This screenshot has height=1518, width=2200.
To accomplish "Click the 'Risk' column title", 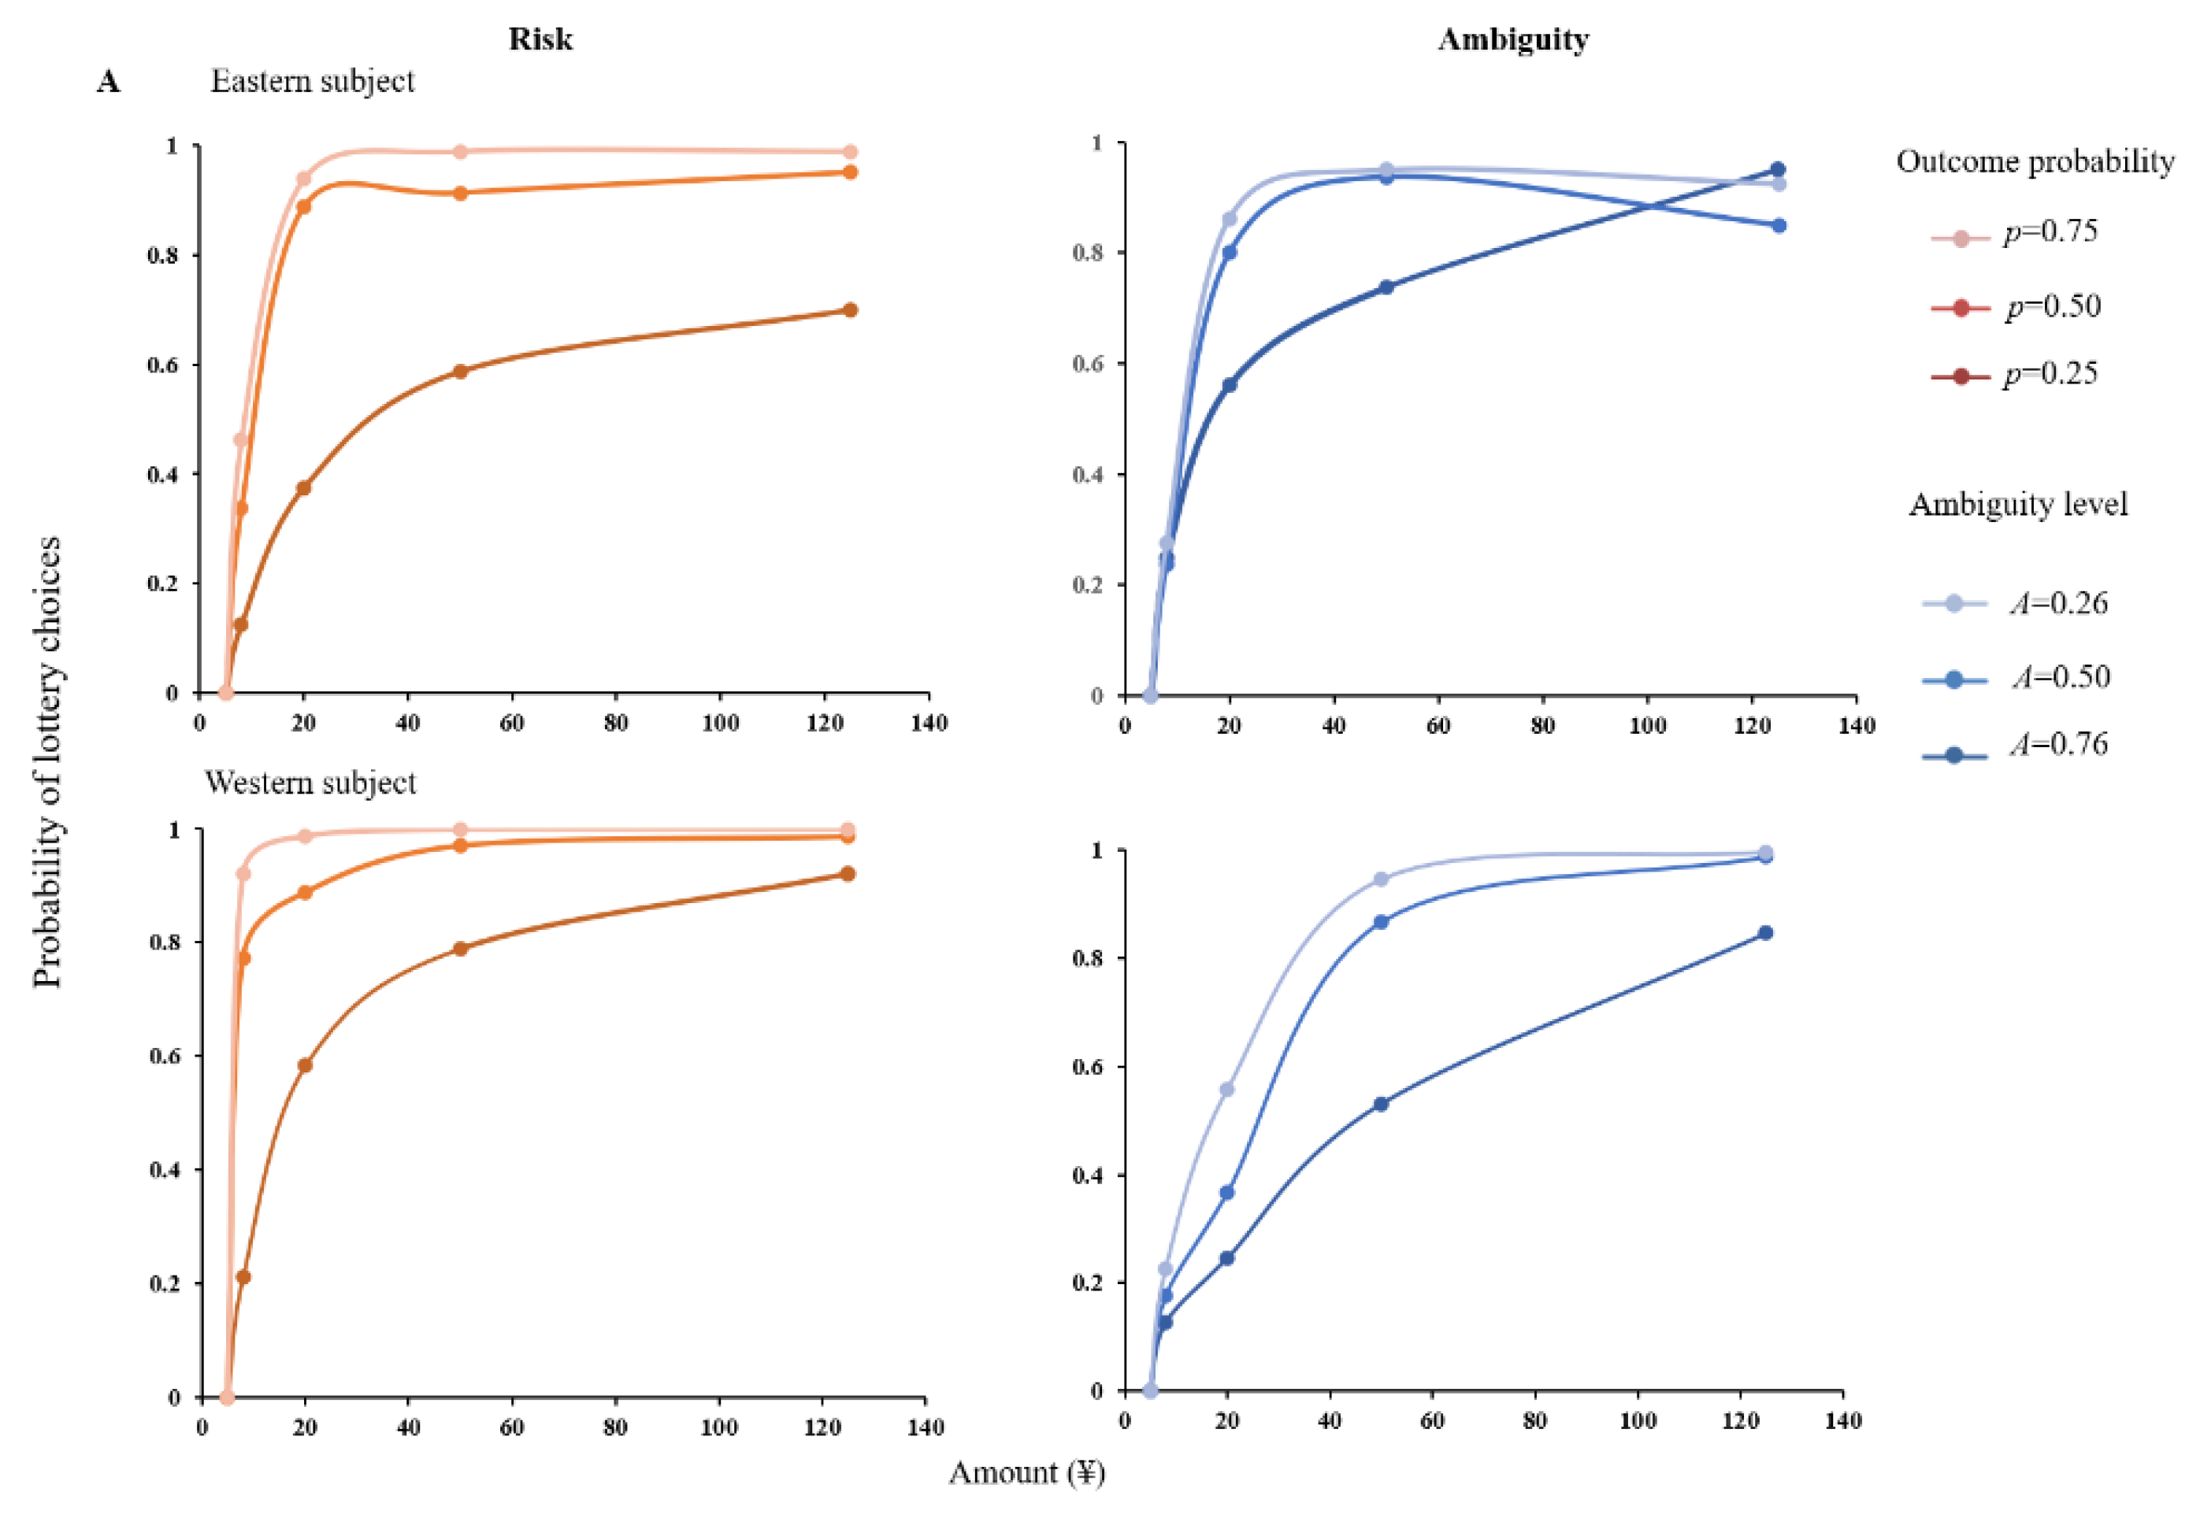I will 540,39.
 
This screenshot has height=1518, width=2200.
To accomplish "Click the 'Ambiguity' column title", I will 1512,39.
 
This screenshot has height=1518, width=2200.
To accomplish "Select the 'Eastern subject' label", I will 312,82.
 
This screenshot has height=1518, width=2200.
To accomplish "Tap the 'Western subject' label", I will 310,783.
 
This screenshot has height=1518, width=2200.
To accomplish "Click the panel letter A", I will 109,83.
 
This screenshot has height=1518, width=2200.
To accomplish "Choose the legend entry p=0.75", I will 2050,232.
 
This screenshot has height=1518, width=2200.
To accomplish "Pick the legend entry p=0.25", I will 2050,374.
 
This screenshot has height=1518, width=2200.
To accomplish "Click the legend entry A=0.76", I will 2059,744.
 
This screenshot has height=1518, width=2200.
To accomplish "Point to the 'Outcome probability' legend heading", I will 2035,161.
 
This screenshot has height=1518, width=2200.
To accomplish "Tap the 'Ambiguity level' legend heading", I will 2017,504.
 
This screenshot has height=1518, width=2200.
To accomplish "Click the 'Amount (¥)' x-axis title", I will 1026,1472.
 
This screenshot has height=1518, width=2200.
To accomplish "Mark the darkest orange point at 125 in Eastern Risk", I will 850,310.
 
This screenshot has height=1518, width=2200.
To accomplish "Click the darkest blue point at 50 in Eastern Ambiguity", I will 1386,287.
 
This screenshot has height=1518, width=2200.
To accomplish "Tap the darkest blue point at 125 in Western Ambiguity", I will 1765,933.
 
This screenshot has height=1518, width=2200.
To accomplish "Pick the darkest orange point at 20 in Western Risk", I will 305,1065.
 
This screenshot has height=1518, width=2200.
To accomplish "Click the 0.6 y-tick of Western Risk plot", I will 163,1056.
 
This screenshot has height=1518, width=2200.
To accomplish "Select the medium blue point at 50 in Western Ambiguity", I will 1381,922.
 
